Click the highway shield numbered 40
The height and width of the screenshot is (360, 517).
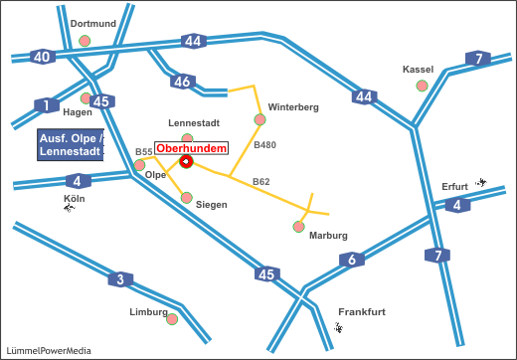(42, 57)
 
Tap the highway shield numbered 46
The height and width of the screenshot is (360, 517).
(180, 82)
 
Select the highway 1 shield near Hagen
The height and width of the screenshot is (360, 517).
(46, 105)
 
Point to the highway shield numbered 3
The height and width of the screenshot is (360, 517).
(120, 279)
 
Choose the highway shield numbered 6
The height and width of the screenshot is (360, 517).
(352, 261)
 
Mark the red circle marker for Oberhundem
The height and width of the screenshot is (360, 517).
(186, 161)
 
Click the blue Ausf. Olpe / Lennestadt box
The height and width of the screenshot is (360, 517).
(70, 145)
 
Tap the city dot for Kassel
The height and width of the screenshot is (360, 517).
(422, 87)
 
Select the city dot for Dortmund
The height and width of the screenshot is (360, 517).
(86, 41)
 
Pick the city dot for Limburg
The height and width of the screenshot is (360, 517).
(172, 319)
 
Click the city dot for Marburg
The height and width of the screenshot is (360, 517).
(299, 227)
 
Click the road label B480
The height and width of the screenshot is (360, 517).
(264, 145)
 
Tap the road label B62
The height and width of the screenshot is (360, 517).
(260, 182)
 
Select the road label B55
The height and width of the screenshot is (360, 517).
(143, 152)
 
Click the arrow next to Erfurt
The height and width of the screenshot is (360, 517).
(481, 183)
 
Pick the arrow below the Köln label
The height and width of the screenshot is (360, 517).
(69, 208)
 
